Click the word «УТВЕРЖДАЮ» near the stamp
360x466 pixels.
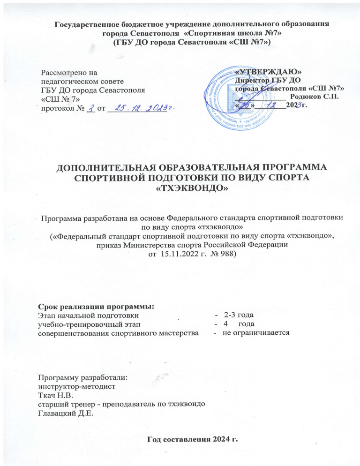269,71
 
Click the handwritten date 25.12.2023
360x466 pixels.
141,109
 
